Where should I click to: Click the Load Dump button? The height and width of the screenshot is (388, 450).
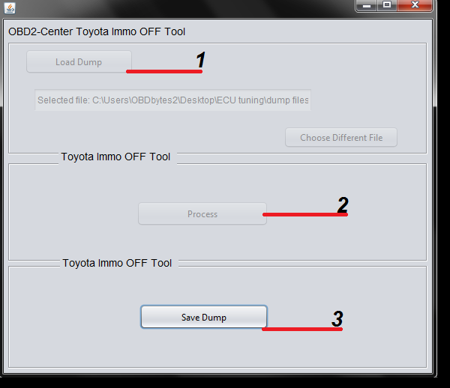click(x=79, y=61)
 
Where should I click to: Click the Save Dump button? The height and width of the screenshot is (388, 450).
click(x=204, y=317)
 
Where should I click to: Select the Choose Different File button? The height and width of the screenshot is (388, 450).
click(x=341, y=137)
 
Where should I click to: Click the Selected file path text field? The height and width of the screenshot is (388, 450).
click(x=172, y=100)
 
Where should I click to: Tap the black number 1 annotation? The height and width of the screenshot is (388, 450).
click(x=200, y=60)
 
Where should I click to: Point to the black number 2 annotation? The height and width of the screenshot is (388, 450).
click(x=343, y=204)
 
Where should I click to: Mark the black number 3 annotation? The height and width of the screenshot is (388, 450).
click(x=337, y=318)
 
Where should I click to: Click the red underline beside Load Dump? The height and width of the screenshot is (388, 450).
click(x=164, y=71)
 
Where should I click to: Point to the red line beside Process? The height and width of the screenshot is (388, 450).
click(x=305, y=214)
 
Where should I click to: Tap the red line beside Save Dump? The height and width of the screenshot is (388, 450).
click(x=302, y=330)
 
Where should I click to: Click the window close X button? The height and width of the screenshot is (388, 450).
click(x=415, y=5)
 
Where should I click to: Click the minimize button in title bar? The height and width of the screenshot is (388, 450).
click(x=366, y=5)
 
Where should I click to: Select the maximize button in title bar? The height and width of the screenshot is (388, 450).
click(x=387, y=5)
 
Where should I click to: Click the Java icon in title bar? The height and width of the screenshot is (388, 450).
click(x=10, y=8)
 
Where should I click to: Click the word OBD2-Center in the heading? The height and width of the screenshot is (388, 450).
click(x=40, y=31)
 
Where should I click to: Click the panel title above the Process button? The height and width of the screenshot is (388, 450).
click(x=115, y=157)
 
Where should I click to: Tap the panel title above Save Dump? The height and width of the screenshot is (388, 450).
click(x=117, y=263)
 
